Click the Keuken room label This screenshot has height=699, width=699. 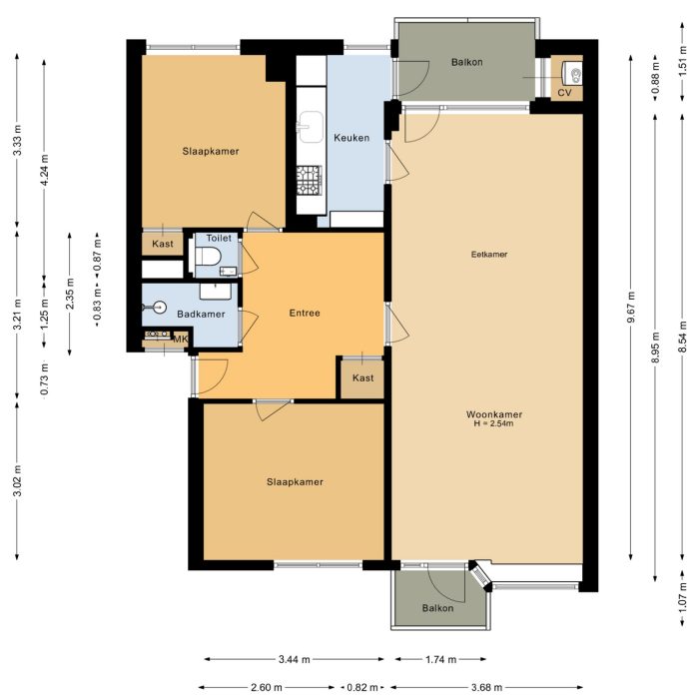(x=351, y=138)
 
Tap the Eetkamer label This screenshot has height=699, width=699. (x=489, y=255)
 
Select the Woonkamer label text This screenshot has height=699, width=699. (x=494, y=414)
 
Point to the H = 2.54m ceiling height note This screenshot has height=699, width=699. (x=494, y=424)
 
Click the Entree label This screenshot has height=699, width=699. (x=305, y=313)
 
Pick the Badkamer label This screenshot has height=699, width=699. (x=201, y=315)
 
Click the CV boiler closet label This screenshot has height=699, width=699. (x=564, y=92)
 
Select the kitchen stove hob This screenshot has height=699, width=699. (x=309, y=179)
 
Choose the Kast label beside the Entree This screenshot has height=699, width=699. (x=363, y=378)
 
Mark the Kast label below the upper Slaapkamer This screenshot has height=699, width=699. (x=163, y=244)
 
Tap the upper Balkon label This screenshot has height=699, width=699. (x=466, y=62)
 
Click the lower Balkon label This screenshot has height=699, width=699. (x=437, y=608)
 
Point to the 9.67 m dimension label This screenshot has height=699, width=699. (x=631, y=313)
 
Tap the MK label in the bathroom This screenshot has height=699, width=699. (x=181, y=340)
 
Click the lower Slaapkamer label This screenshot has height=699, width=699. (x=295, y=482)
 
